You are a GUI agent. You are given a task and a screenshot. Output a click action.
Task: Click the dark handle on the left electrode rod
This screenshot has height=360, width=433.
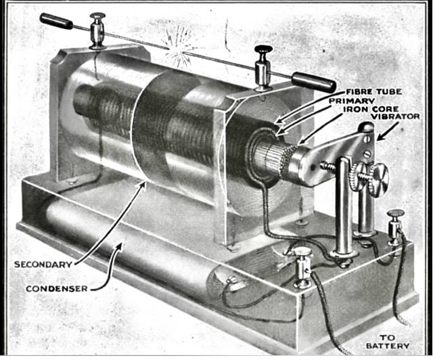coord(55,21)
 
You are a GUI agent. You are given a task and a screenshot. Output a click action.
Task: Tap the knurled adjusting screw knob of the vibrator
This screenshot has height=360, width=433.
coord(376,179)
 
